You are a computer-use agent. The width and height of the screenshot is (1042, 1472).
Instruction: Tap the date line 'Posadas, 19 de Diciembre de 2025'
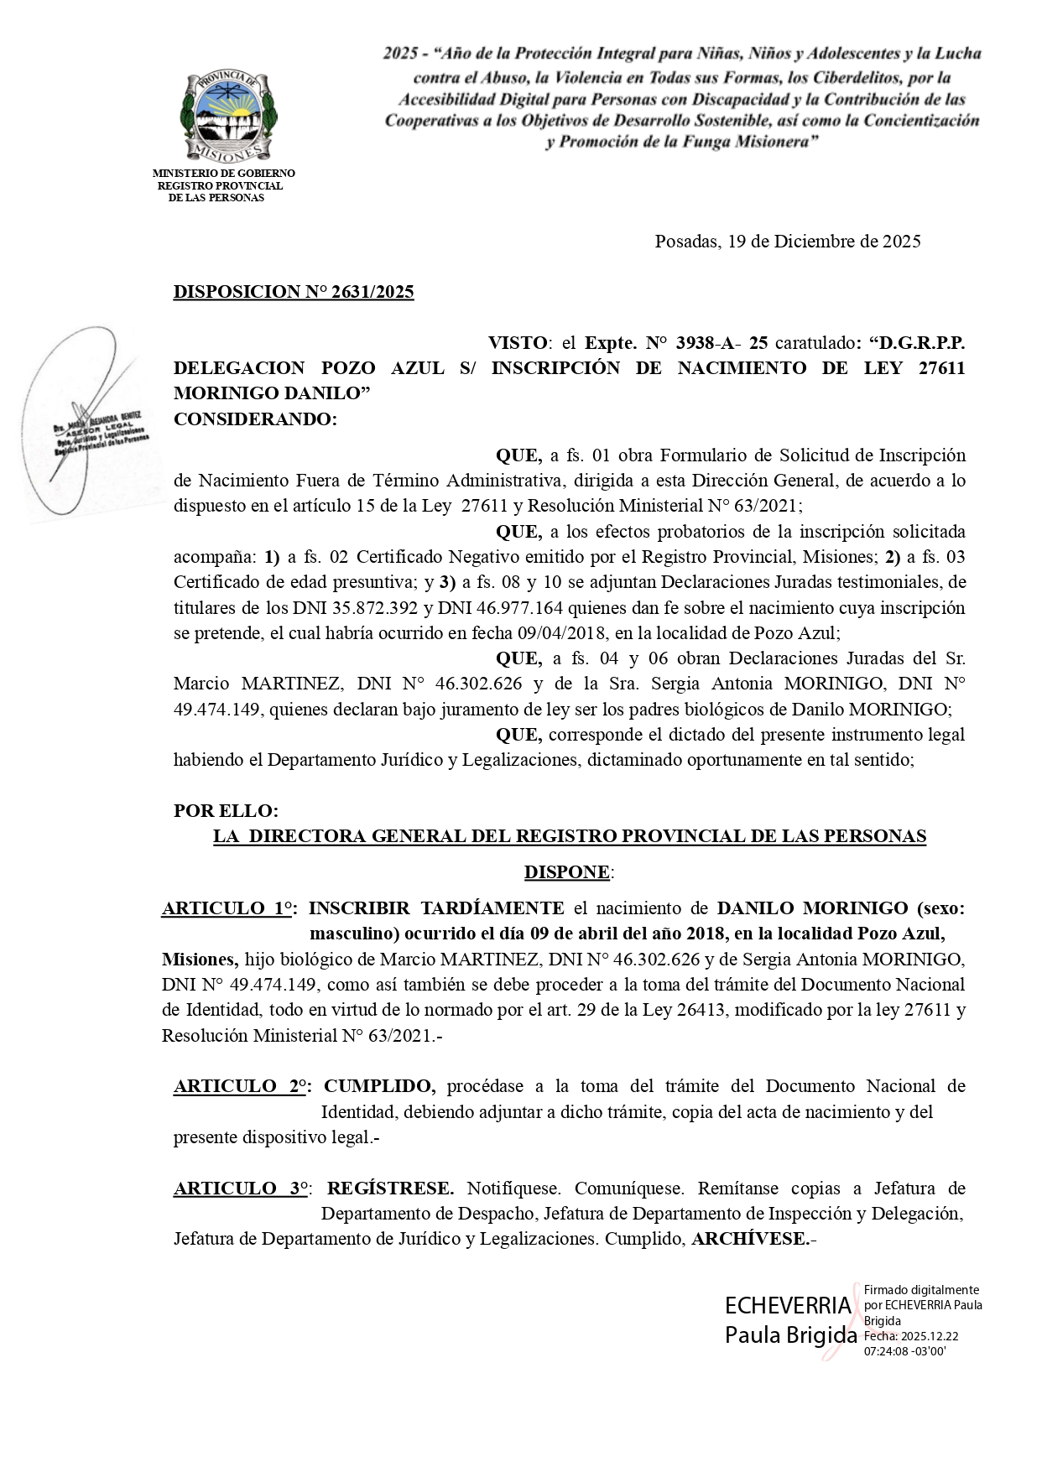click(787, 242)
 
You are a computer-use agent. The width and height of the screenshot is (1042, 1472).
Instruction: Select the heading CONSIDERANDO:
click(255, 419)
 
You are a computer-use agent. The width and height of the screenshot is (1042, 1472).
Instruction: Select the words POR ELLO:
click(225, 811)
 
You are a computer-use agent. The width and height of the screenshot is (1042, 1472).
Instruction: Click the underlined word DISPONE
click(567, 872)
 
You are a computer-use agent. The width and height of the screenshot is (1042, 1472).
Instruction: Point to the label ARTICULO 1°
click(228, 908)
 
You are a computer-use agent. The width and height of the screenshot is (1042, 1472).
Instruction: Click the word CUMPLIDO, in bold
click(380, 1086)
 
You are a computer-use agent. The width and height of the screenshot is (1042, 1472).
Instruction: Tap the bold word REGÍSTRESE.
click(390, 1189)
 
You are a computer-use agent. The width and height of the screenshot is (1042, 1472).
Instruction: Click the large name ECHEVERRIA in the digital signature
click(788, 1305)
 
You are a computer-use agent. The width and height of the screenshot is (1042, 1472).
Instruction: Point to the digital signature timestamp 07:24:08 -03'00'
click(905, 1351)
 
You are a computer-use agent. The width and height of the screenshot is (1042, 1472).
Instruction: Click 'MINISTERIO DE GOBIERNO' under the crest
click(223, 174)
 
